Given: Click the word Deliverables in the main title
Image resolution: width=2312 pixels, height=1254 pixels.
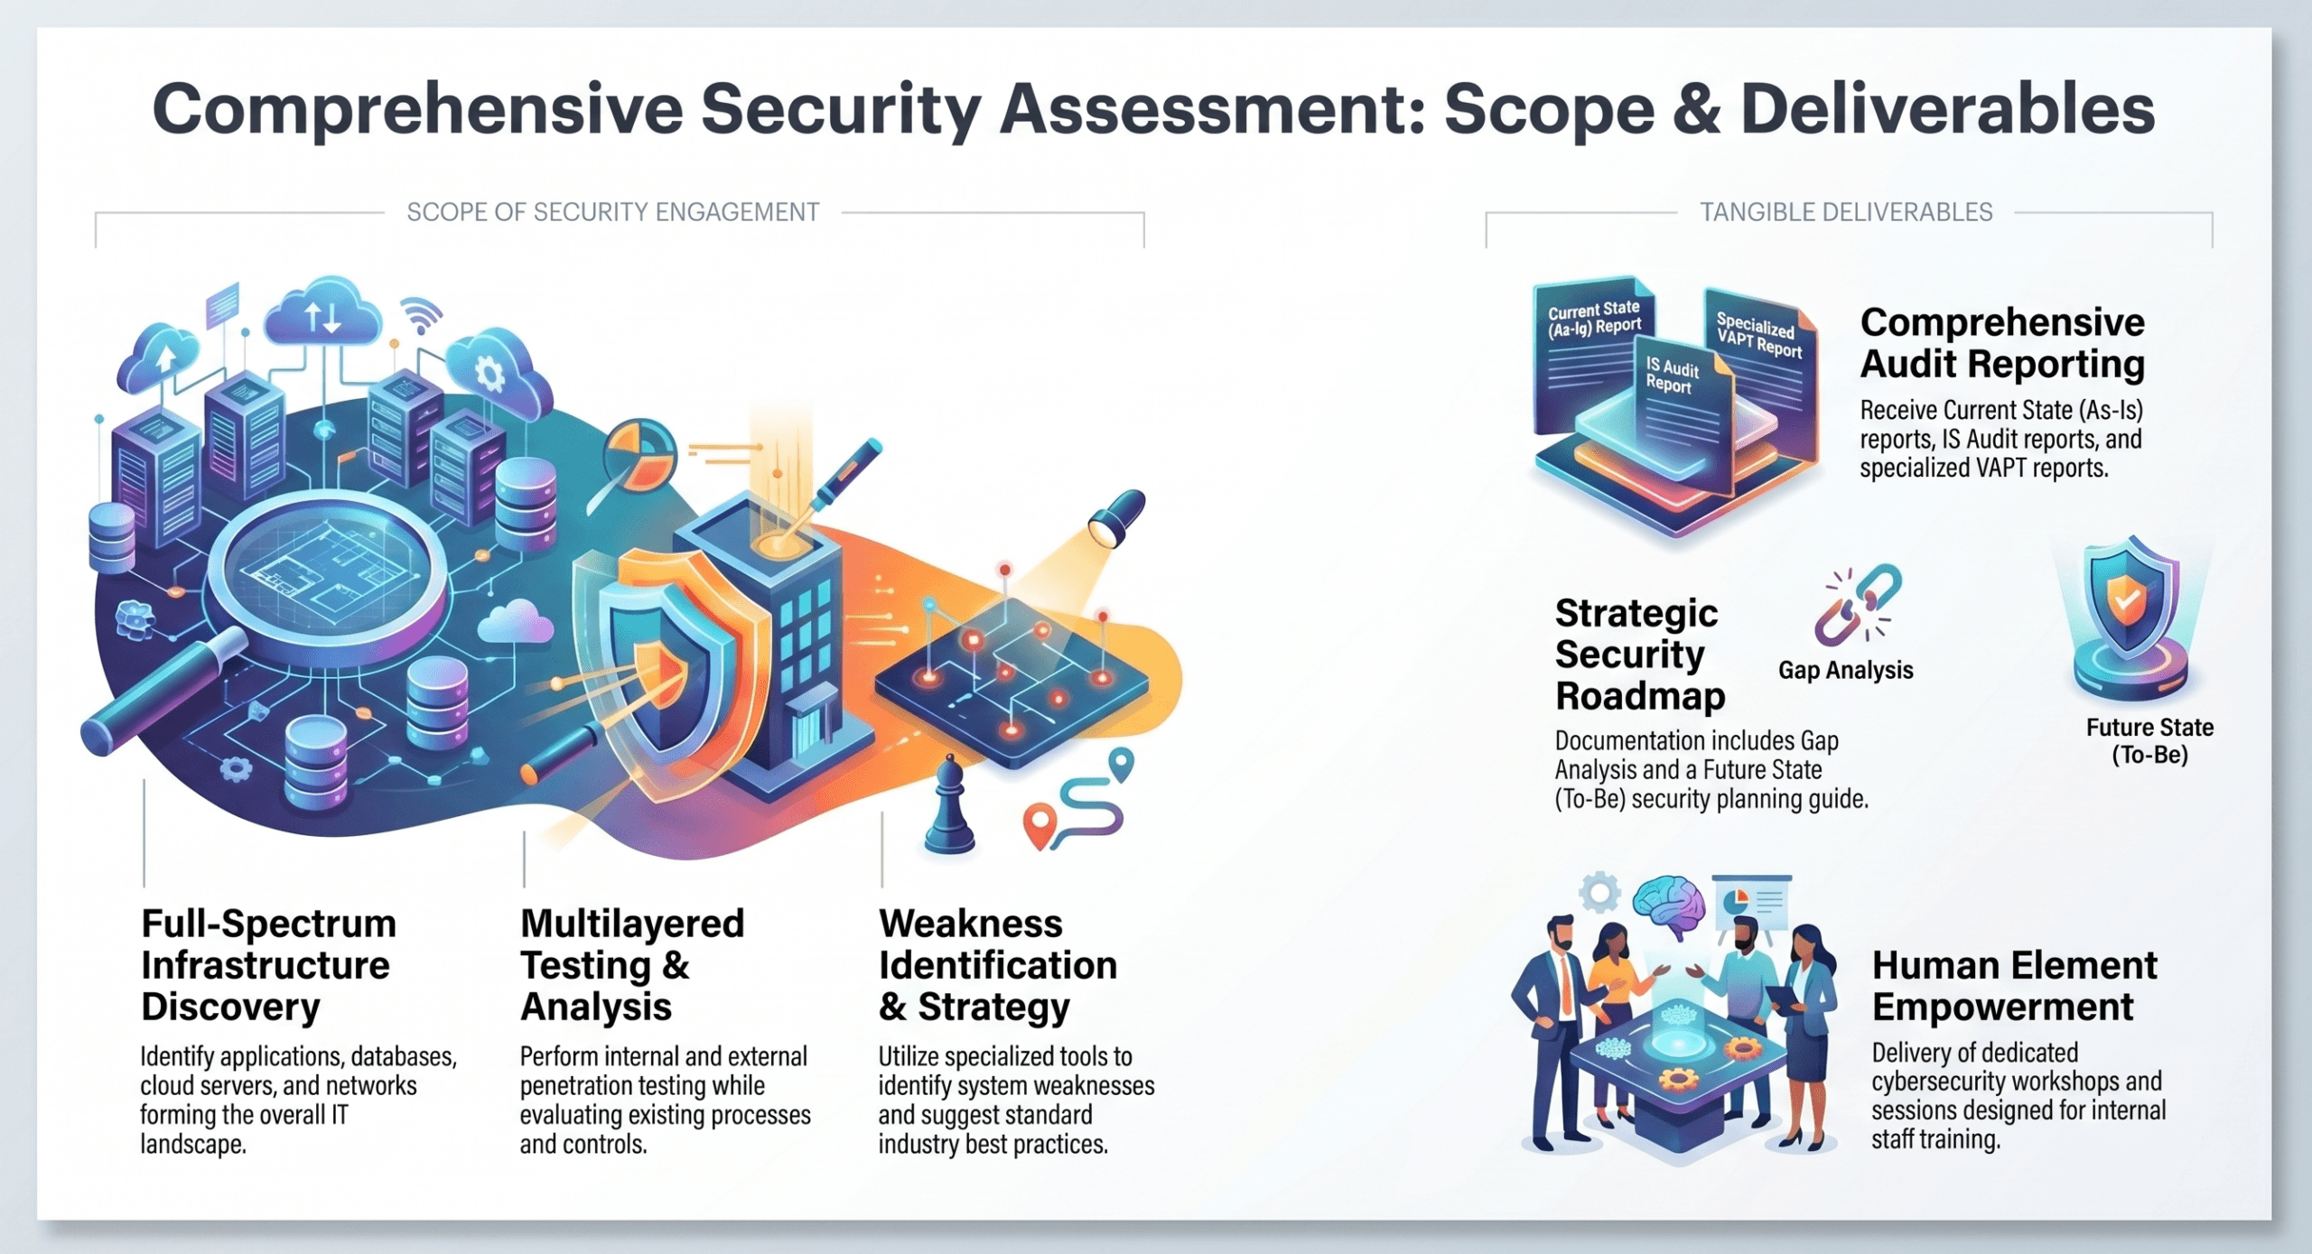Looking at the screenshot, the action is coord(1947,109).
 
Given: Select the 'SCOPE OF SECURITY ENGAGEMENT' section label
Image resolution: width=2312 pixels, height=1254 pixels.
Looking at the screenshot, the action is coord(613,212).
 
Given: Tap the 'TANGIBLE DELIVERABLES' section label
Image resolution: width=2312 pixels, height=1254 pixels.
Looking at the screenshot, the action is coord(1846,212).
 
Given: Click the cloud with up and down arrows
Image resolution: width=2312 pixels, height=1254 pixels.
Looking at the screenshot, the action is coord(322,312).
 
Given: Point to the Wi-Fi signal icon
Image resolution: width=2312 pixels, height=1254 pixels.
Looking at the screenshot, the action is coord(422,314).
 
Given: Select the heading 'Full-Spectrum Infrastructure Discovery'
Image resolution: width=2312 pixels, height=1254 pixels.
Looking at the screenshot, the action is coord(269,965).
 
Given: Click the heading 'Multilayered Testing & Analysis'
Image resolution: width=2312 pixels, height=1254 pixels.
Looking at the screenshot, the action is coord(632,965).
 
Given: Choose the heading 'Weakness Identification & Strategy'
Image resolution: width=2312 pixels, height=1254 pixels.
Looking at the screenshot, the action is coord(998,965).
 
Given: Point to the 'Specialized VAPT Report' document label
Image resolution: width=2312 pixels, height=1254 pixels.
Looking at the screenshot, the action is coord(1758,335).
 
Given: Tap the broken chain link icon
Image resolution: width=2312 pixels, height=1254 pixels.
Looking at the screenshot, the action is coord(1858,605).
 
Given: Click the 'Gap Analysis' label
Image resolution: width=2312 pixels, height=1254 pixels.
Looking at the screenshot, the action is coord(1845,670).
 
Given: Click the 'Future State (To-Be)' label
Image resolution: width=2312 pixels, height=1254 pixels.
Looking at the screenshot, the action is coord(2149,741).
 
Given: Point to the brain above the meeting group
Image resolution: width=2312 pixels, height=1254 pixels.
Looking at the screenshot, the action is coord(1669,907).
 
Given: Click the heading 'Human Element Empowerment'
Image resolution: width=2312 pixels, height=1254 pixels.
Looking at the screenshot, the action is coord(2014,986).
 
